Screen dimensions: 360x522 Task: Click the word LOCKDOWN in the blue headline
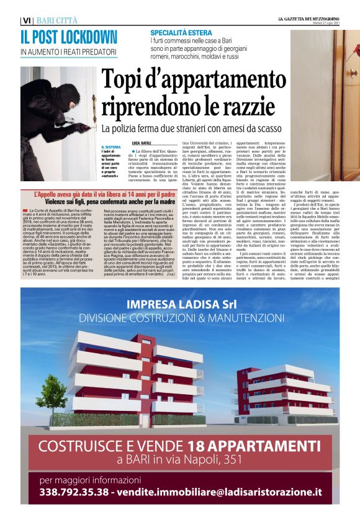83,37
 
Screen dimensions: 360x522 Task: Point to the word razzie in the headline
222,106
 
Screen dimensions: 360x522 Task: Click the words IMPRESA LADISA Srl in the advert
180,305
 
